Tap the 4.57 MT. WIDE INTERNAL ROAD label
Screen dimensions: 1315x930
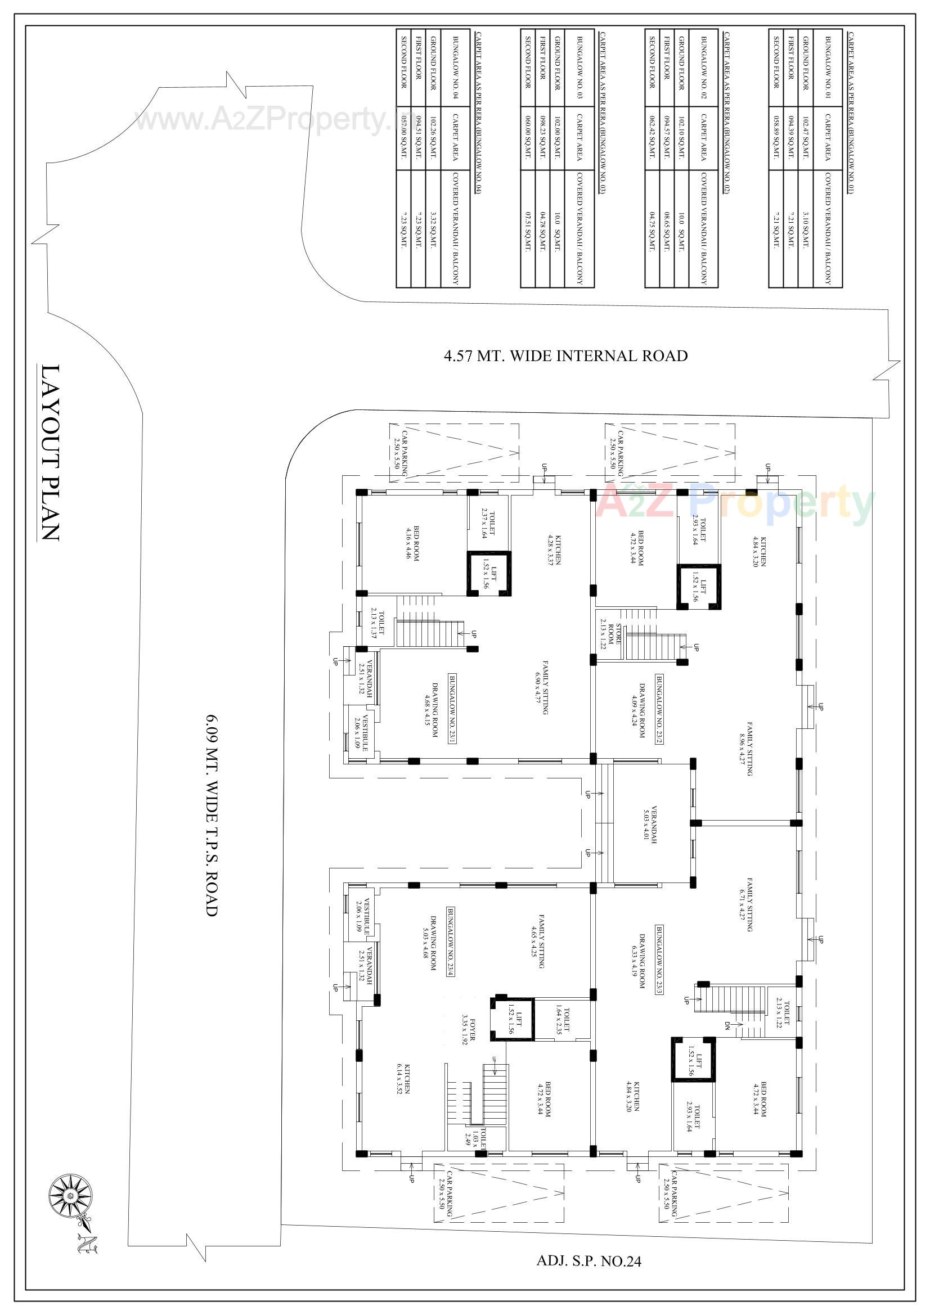[565, 355]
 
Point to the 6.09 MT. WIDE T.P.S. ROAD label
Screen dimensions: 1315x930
[211, 815]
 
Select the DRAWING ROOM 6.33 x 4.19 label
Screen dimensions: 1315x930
[639, 961]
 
